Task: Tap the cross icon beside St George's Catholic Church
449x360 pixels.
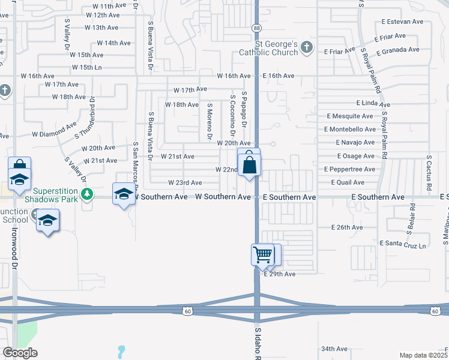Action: [x=307, y=47]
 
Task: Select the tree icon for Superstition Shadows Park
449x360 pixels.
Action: [x=88, y=194]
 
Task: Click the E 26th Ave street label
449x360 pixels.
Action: [x=348, y=227]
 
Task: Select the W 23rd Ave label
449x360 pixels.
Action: [x=185, y=182]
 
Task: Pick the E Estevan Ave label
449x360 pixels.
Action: [x=403, y=22]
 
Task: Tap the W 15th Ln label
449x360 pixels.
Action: [x=85, y=67]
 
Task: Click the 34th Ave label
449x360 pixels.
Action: [x=334, y=349]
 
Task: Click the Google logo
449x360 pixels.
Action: [x=20, y=353]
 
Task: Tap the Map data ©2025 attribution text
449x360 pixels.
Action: [x=424, y=355]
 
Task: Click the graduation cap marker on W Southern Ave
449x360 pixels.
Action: [x=124, y=194]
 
